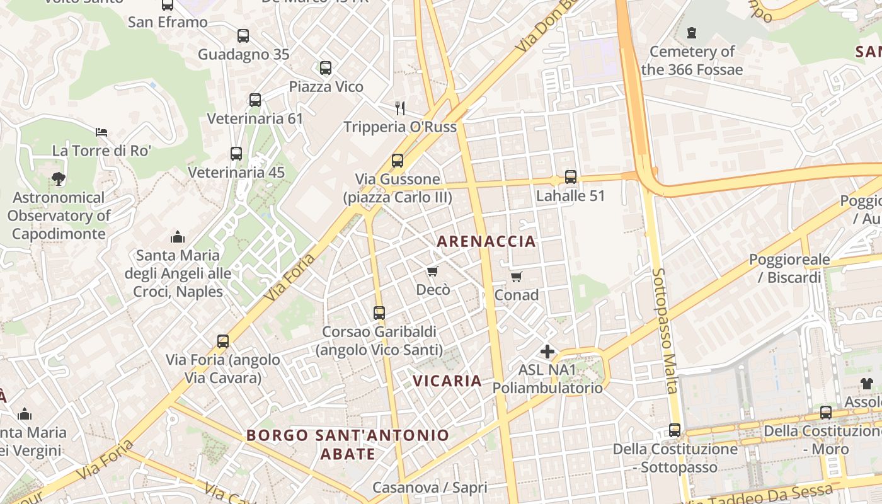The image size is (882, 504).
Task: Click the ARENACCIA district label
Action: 486,241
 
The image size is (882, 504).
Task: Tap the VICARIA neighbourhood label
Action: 448,381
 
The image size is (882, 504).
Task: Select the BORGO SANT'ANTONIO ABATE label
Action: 348,444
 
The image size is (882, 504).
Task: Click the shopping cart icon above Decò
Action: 432,272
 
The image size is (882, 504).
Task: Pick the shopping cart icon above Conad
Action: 517,277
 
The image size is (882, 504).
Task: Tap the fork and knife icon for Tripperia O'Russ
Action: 400,108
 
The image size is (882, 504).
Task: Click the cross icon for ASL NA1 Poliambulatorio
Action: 547,352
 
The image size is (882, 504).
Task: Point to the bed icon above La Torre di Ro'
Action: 101,132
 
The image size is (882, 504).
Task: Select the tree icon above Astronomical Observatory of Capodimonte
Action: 59,179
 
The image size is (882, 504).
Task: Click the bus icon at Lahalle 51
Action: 571,177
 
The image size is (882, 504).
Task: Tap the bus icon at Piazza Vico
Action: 326,68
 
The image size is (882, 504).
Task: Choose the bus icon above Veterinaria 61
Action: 255,100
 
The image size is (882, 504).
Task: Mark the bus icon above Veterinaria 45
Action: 236,154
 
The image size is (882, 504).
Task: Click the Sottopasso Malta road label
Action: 665,331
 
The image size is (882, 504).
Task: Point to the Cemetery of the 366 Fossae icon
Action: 692,33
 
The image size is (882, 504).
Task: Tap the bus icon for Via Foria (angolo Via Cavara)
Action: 223,341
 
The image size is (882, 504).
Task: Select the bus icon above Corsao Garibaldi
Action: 379,313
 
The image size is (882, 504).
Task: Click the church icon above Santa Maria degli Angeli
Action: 178,237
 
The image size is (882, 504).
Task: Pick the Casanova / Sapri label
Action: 430,488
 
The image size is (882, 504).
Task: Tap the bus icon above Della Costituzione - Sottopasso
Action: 675,430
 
